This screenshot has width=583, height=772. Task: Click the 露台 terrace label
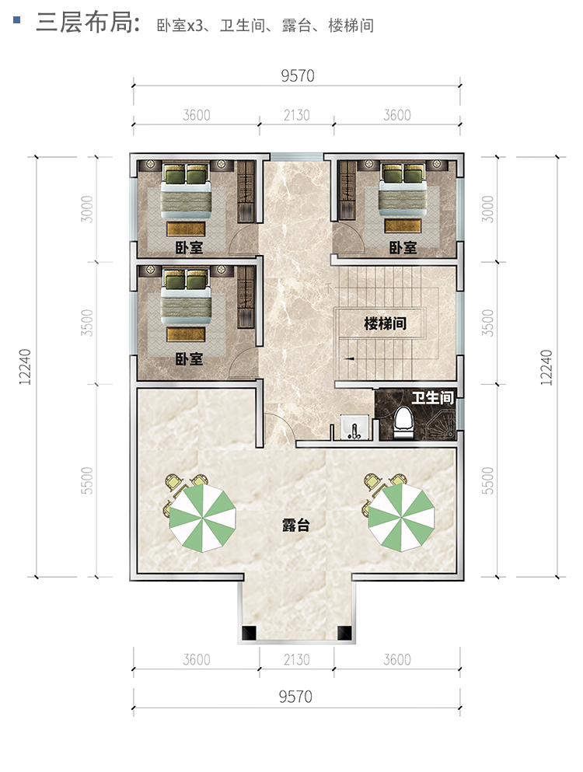pyautogui.click(x=296, y=525)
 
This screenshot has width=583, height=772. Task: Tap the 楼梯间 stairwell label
pyautogui.click(x=385, y=323)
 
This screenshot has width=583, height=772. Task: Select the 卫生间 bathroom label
pyautogui.click(x=432, y=397)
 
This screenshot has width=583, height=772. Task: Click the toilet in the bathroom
pyautogui.click(x=403, y=423)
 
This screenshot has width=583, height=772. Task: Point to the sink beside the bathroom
pyautogui.click(x=354, y=427)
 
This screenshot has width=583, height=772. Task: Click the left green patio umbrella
pyautogui.click(x=202, y=518)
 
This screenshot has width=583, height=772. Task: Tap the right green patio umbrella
pyautogui.click(x=401, y=518)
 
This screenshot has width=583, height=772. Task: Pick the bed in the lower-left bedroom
pyautogui.click(x=186, y=296)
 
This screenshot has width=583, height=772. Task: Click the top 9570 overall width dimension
pyautogui.click(x=298, y=76)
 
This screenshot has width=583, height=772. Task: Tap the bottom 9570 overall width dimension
pyautogui.click(x=295, y=697)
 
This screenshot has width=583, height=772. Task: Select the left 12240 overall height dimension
pyautogui.click(x=25, y=367)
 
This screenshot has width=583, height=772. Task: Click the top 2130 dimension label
pyautogui.click(x=297, y=115)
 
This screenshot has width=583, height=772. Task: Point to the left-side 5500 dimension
pyautogui.click(x=86, y=480)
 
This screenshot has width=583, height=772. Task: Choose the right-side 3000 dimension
pyautogui.click(x=487, y=209)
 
